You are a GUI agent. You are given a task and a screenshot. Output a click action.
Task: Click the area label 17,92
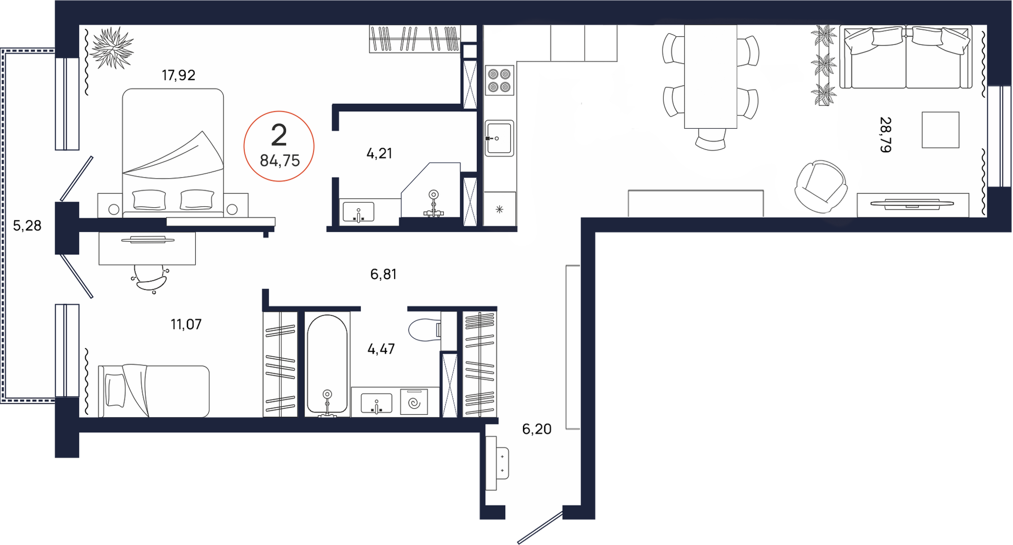178,75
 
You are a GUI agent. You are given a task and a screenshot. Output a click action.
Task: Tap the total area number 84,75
280,160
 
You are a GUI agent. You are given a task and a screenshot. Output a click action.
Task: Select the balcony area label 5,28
27,226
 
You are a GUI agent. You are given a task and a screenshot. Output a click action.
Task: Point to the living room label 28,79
885,135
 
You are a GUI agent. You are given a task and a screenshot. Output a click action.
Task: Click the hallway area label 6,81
383,274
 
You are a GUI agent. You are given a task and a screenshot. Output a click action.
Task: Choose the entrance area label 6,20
537,429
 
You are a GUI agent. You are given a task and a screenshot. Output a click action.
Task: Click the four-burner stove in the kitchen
499,80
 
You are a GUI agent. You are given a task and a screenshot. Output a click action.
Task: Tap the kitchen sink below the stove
499,138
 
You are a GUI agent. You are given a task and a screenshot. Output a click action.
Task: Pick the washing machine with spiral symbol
414,402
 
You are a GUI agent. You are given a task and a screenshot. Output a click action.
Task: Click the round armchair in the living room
820,186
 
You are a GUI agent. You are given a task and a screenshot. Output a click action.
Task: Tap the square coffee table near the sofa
940,130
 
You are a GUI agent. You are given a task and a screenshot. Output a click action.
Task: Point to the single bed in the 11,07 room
153,391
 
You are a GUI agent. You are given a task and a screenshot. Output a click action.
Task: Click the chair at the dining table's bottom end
711,139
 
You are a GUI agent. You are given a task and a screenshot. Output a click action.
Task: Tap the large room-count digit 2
279,135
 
